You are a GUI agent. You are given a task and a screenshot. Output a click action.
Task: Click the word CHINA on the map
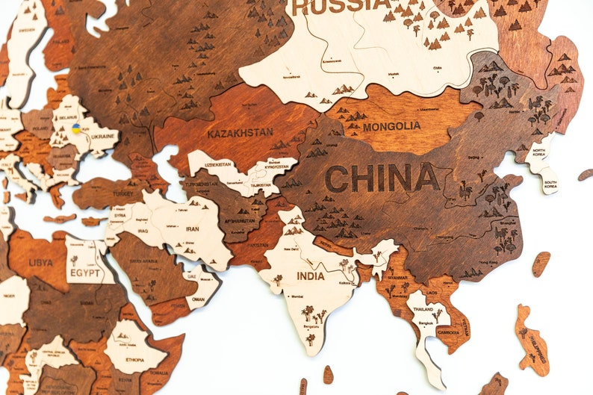[x=382, y=178]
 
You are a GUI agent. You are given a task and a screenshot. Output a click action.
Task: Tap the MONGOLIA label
[x=391, y=126]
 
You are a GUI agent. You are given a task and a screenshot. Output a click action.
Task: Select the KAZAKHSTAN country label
[x=240, y=133]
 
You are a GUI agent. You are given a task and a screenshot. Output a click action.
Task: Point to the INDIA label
[x=311, y=276]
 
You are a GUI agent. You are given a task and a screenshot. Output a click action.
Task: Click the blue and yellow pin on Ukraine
[x=76, y=128]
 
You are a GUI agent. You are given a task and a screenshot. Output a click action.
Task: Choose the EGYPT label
[x=84, y=273]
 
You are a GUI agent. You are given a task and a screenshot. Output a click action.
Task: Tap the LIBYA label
[x=40, y=263]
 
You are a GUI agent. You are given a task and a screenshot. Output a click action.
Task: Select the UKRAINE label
[x=104, y=137]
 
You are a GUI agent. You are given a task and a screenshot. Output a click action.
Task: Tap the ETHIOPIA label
[x=134, y=360]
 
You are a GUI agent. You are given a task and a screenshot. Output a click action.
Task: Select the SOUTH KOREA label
[x=550, y=184]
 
